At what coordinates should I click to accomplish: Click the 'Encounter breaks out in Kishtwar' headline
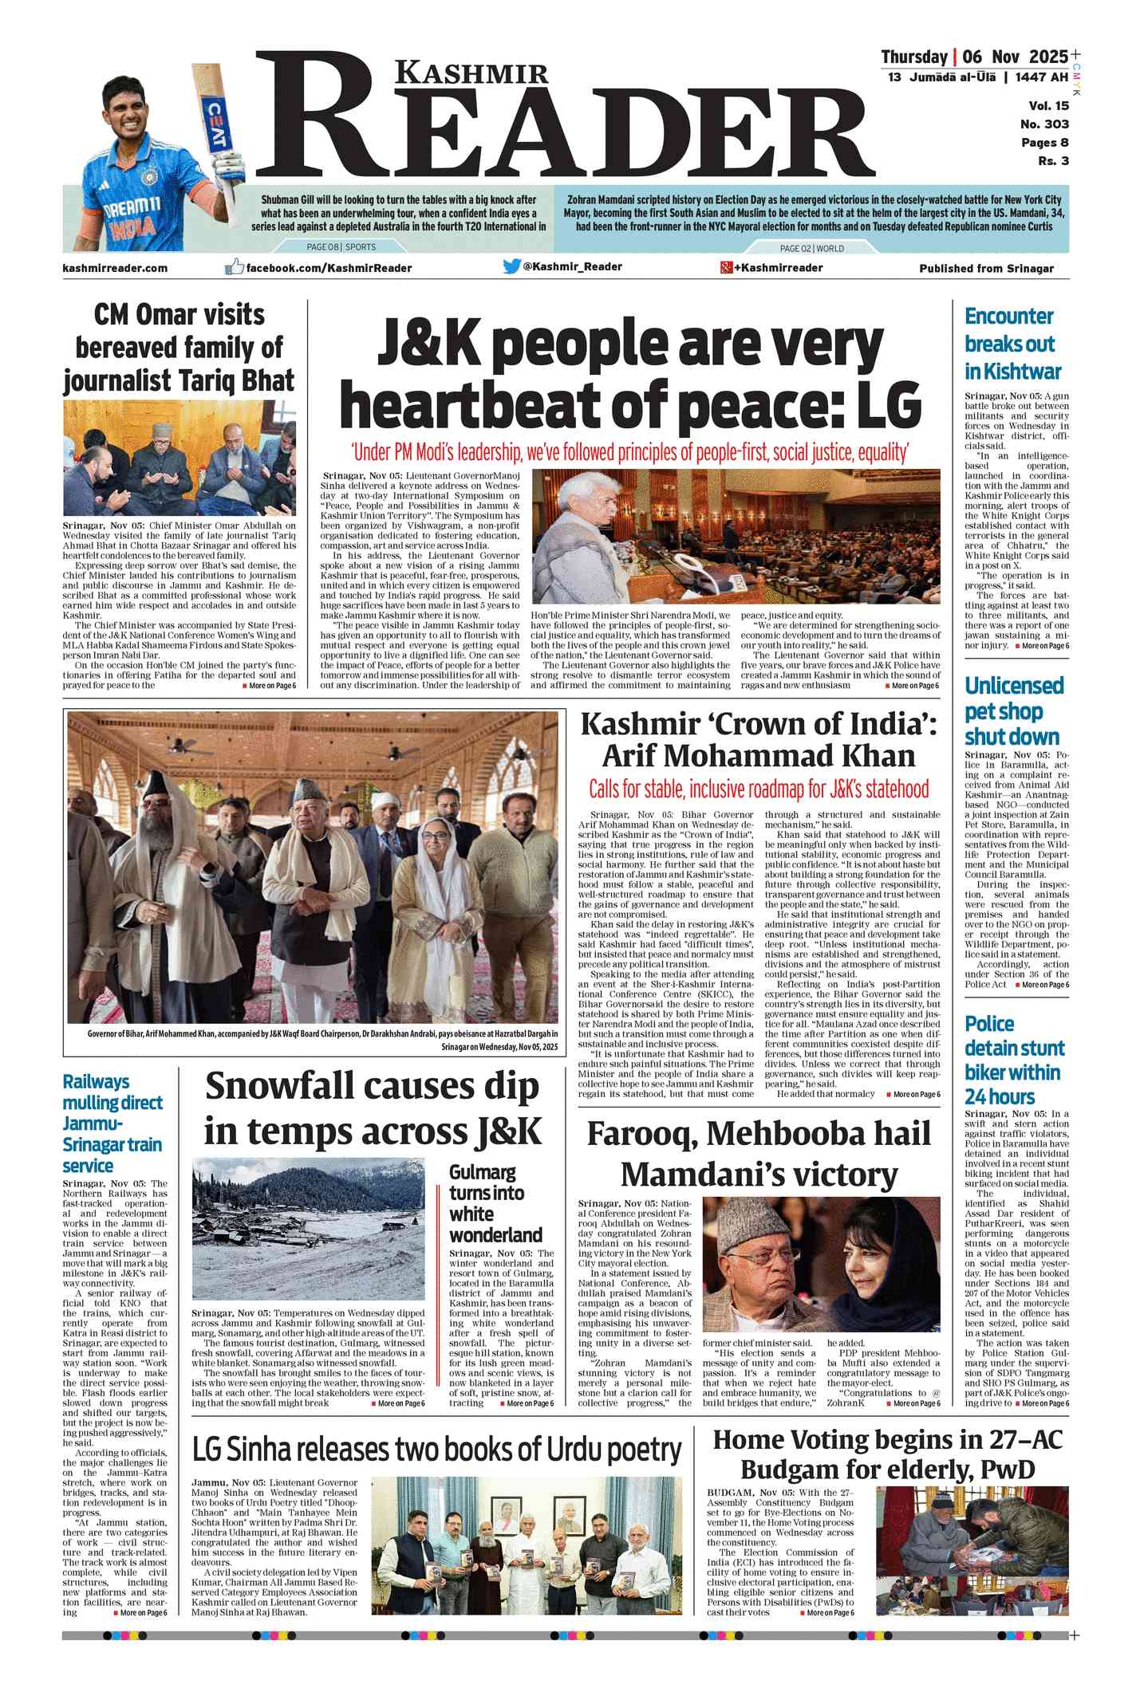point(1012,344)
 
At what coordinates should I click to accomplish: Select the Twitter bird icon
point(511,266)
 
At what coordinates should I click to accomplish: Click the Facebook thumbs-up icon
point(234,267)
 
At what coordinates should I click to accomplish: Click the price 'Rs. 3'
point(1053,161)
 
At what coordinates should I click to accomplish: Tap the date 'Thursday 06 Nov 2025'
point(974,57)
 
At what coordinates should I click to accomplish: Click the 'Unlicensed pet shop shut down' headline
point(1013,710)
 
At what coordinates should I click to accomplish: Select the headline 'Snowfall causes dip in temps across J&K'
point(373,1108)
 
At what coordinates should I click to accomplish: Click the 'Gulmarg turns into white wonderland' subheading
point(495,1203)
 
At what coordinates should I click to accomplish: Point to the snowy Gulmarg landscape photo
point(309,1229)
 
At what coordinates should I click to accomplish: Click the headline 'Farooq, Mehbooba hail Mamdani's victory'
point(759,1153)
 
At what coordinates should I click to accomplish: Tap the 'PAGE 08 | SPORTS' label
point(341,247)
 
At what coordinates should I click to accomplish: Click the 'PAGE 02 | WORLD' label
point(811,248)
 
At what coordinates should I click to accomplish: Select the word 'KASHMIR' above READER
point(472,73)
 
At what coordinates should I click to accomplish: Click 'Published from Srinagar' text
point(986,269)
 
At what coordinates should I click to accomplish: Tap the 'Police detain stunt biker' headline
point(1012,1060)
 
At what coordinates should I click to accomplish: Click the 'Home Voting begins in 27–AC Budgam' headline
point(887,1454)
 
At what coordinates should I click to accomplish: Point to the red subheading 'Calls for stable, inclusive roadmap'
point(759,789)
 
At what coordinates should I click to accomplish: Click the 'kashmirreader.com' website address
point(115,268)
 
